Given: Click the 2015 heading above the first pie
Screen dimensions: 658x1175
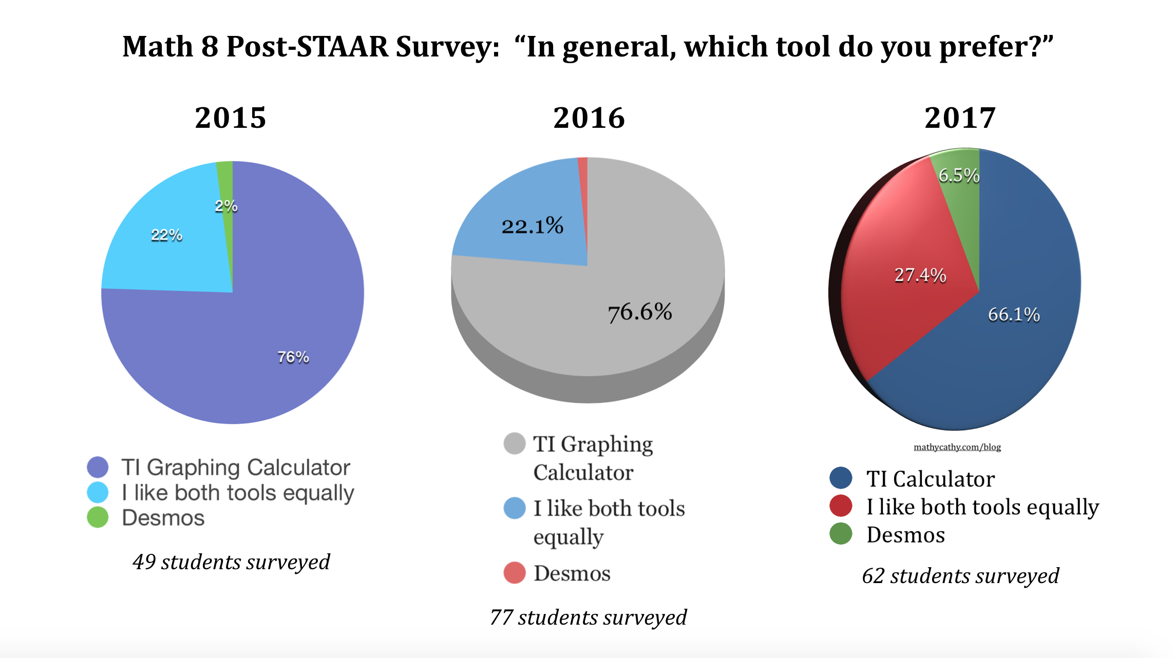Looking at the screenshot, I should click(231, 118).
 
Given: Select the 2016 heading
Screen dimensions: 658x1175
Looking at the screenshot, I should click(589, 118).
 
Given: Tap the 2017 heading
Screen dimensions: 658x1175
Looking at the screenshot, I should click(960, 118).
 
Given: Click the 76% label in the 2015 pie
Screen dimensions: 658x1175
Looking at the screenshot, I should click(293, 357).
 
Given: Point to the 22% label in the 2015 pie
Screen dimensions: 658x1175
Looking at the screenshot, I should click(166, 235).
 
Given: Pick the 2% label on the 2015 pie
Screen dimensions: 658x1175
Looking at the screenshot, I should click(226, 206).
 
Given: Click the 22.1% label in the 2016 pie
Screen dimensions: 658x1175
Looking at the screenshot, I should click(532, 226).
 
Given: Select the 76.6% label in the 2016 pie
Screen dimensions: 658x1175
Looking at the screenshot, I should click(640, 312).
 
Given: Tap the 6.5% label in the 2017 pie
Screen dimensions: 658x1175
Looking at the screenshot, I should click(959, 176).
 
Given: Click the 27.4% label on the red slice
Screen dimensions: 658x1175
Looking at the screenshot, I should click(920, 275).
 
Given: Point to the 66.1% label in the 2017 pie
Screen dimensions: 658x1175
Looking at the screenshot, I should click(1014, 314).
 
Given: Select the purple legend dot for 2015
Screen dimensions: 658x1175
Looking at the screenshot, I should click(98, 467).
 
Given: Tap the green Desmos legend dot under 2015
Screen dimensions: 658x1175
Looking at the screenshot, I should click(98, 517).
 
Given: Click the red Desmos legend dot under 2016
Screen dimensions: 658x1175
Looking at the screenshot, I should click(515, 573).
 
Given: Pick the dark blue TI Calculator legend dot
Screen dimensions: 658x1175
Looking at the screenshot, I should click(841, 478).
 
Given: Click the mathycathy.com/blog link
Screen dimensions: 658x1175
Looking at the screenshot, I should click(957, 447).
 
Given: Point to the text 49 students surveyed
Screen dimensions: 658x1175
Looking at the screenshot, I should click(231, 562).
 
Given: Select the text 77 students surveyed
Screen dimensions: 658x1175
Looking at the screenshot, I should click(589, 617).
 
